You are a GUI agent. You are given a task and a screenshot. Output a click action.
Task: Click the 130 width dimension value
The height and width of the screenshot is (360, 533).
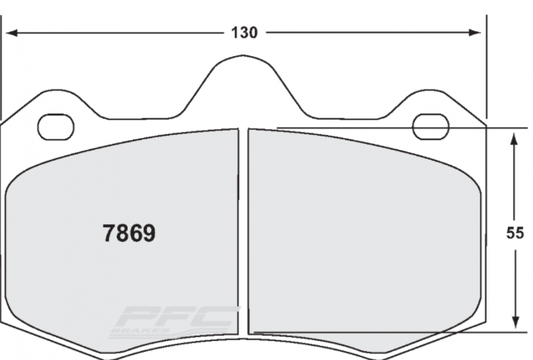coord(244,33)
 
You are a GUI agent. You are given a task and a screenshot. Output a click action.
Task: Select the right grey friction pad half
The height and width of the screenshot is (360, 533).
coord(362,236)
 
